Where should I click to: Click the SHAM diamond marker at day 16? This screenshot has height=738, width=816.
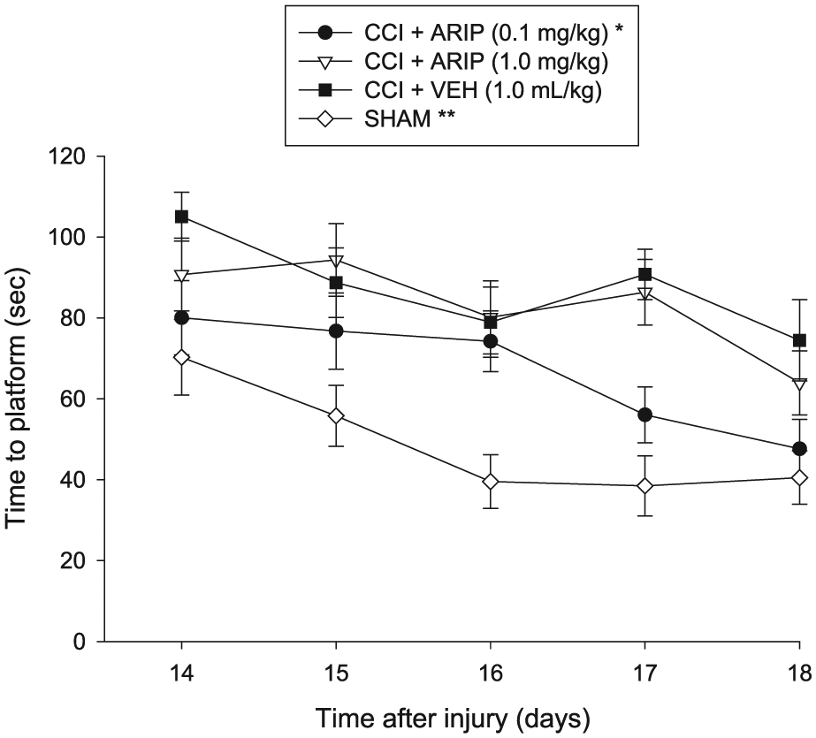[x=491, y=482]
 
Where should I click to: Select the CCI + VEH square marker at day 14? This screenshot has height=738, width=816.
[x=181, y=217]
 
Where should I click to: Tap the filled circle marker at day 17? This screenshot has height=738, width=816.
[x=644, y=415]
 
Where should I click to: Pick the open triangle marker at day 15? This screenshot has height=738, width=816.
[x=336, y=261]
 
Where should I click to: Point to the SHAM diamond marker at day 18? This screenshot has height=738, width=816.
[x=799, y=478]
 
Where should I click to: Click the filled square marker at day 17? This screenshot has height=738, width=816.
[x=644, y=274]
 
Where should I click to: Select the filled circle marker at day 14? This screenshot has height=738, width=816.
[x=181, y=318]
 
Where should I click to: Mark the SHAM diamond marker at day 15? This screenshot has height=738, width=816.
[x=336, y=416]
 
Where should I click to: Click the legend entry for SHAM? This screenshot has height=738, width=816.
[x=377, y=119]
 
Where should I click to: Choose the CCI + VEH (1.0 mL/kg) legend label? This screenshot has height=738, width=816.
[x=483, y=90]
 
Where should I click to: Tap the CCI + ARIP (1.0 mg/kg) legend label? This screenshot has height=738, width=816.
[x=486, y=62]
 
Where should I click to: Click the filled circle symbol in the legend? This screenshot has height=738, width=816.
[x=325, y=34]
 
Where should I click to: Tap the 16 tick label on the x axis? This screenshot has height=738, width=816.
[x=491, y=673]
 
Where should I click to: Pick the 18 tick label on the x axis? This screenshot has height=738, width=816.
[x=799, y=673]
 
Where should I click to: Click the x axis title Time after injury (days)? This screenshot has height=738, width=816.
[x=453, y=719]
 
